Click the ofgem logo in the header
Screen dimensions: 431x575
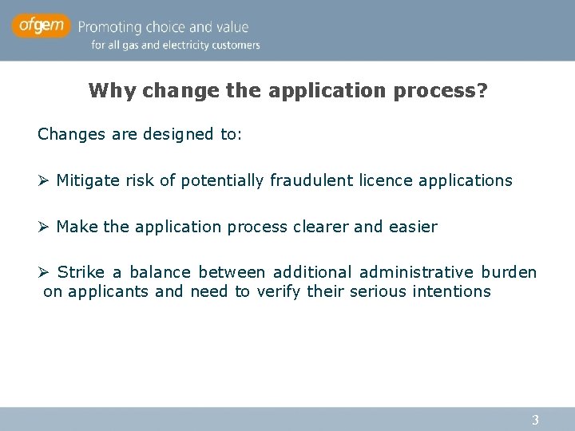41,27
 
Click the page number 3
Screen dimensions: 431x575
536,420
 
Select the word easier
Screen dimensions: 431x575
413,227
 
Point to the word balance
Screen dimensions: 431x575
157,273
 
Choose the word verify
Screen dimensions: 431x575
282,291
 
